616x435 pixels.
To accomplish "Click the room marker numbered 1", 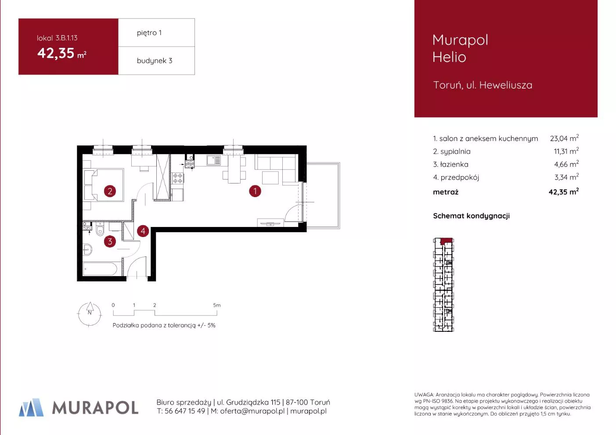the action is (x=255, y=191).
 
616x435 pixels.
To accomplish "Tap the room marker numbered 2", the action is (x=110, y=191).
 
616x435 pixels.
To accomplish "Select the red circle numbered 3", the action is (x=110, y=241).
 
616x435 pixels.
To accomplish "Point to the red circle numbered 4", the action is (x=143, y=231).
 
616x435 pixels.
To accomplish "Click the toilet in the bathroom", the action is (x=100, y=229).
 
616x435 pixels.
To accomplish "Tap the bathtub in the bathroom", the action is (x=100, y=269).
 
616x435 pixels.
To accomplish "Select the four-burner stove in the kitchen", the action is (x=178, y=178).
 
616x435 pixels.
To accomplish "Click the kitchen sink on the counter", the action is (x=214, y=160).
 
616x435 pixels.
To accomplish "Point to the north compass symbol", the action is (x=90, y=314).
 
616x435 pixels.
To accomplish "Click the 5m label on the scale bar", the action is (x=217, y=305).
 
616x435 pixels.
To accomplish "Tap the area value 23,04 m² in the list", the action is (x=564, y=138).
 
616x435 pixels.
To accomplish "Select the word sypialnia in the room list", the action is (x=455, y=151).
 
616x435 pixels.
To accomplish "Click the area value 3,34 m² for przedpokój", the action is (x=566, y=177).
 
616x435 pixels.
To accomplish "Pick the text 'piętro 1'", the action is (x=149, y=33).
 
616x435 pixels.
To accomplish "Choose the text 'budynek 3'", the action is (x=155, y=61).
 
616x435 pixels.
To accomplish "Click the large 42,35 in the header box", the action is (x=56, y=53).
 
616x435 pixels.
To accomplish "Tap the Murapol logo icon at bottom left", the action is (x=31, y=407).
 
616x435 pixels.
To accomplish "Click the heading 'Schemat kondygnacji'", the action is (x=472, y=216).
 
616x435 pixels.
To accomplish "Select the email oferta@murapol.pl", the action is (x=252, y=411).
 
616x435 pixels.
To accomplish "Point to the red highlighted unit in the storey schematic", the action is (x=447, y=241).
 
